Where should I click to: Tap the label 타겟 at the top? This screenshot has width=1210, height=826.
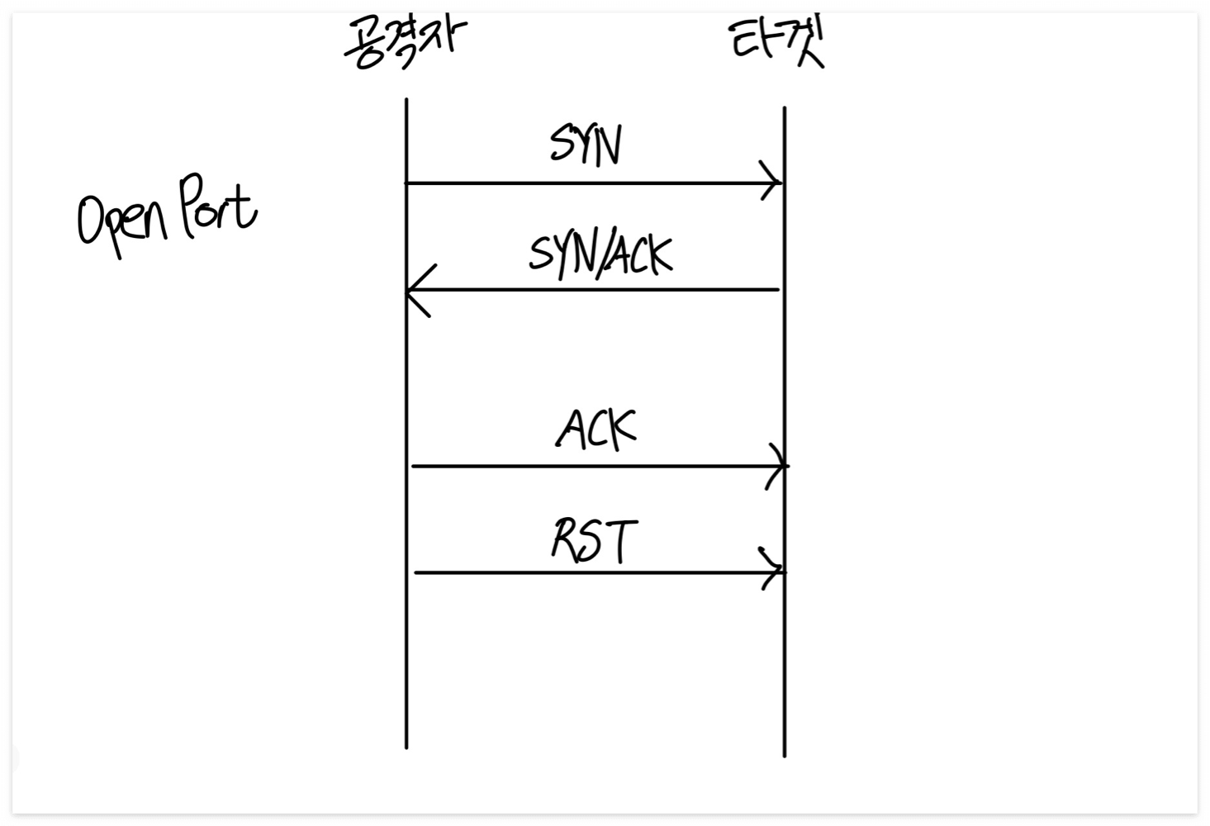coord(777,43)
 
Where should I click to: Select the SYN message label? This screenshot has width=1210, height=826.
coord(586,146)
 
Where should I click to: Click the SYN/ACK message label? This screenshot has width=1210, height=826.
coord(600,254)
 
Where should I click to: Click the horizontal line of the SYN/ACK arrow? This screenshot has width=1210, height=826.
coord(595,290)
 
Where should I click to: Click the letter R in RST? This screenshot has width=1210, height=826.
coord(567,541)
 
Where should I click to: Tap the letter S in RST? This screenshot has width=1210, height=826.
coord(594,543)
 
